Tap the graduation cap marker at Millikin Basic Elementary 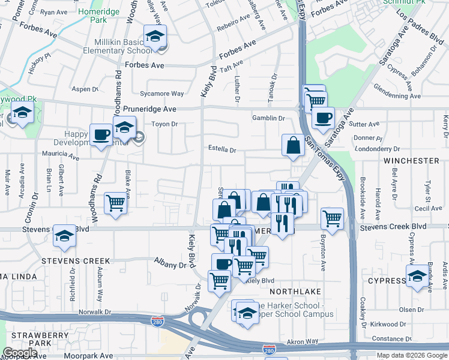pyautogui.click(x=155, y=35)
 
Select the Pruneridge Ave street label pyautogui.click(x=150, y=109)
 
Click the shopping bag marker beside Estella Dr pyautogui.click(x=292, y=145)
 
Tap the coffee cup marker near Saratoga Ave pyautogui.click(x=323, y=118)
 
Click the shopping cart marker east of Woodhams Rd pyautogui.click(x=115, y=202)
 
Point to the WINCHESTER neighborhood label pyautogui.click(x=412, y=161)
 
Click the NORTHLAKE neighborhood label pyautogui.click(x=292, y=291)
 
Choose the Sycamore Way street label pyautogui.click(x=161, y=94)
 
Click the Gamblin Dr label pyautogui.click(x=268, y=118)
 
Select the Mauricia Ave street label pyautogui.click(x=61, y=156)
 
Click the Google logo pyautogui.click(x=20, y=353)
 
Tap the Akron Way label pyautogui.click(x=303, y=341)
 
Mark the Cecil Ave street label pyautogui.click(x=427, y=208)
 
